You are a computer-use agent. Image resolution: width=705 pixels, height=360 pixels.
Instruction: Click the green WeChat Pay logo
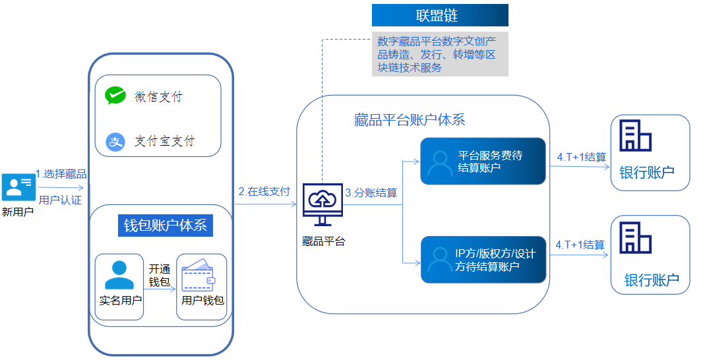pyautogui.click(x=115, y=96)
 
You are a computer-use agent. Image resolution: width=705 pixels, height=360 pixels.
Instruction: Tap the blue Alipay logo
pyautogui.click(x=116, y=141)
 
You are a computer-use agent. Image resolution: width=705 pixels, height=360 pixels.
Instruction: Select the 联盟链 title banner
pyautogui.click(x=440, y=15)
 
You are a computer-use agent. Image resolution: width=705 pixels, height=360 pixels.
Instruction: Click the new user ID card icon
pyautogui.click(x=17, y=187)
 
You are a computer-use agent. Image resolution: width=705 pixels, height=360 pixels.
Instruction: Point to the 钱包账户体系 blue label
pyautogui.click(x=166, y=225)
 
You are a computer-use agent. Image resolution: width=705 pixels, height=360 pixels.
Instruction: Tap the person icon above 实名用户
pyautogui.click(x=119, y=275)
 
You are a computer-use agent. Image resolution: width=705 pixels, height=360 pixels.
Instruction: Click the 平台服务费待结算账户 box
pyautogui.click(x=483, y=162)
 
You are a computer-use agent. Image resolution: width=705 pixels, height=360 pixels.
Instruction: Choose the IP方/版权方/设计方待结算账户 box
pyautogui.click(x=483, y=260)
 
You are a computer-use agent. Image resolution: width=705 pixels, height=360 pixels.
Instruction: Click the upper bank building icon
pyautogui.click(x=635, y=135)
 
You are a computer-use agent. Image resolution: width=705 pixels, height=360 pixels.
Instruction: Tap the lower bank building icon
pyautogui.click(x=636, y=237)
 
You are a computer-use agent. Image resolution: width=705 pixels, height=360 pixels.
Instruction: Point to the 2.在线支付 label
pyautogui.click(x=264, y=192)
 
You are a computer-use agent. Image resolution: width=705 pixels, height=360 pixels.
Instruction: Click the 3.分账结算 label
pyautogui.click(x=371, y=193)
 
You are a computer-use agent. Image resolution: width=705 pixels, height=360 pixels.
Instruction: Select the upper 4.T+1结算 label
pyautogui.click(x=581, y=157)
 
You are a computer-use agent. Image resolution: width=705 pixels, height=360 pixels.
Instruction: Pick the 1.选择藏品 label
pyautogui.click(x=61, y=174)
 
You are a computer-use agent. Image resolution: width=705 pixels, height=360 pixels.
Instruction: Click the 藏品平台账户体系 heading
pyautogui.click(x=410, y=120)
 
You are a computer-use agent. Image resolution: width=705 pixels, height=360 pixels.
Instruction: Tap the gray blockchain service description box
pyautogui.click(x=440, y=53)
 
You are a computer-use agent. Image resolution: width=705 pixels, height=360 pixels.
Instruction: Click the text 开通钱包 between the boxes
pyautogui.click(x=160, y=276)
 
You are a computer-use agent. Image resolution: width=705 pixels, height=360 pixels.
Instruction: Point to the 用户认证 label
pyautogui.click(x=60, y=200)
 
